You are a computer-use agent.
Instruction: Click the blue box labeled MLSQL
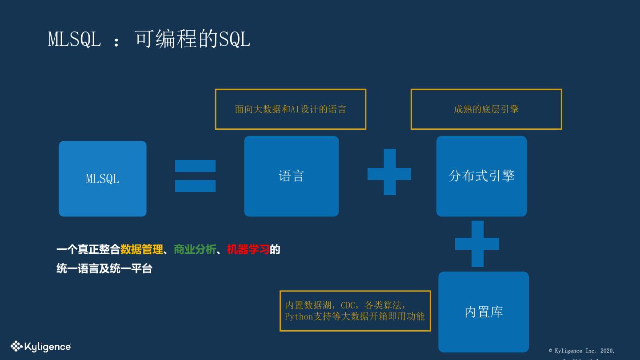[x=103, y=179]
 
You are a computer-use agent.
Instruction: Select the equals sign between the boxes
[x=195, y=176]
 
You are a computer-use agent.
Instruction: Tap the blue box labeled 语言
[x=291, y=176]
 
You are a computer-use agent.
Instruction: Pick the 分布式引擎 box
[x=481, y=176]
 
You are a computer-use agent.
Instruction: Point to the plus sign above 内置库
[x=477, y=244]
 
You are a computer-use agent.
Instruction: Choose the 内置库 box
[x=484, y=312]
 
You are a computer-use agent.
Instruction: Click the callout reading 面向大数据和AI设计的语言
[x=290, y=109]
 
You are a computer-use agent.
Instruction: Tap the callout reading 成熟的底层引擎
[x=486, y=109]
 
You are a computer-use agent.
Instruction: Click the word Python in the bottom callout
[x=299, y=316]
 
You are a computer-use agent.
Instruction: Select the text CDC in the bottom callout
[x=348, y=305]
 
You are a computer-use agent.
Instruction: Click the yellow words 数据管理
[x=141, y=249]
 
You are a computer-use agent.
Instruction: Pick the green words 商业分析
[x=195, y=249]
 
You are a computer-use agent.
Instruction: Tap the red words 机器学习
[x=248, y=249]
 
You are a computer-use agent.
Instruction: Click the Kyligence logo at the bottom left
[x=41, y=346]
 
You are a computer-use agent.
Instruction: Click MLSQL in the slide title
[x=75, y=39]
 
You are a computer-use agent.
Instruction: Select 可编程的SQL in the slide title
[x=192, y=39]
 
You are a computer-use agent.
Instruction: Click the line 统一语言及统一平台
[x=104, y=268]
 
